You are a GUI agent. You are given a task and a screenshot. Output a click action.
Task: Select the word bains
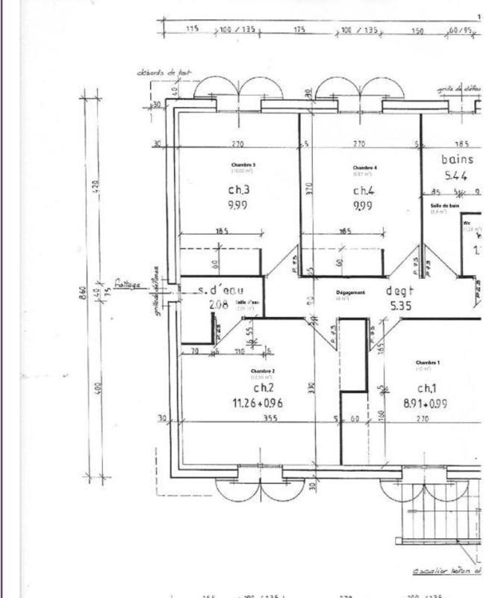coord(458,159)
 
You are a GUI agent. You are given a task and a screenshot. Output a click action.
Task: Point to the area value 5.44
coord(457,176)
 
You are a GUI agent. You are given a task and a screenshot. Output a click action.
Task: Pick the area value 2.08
coord(218,304)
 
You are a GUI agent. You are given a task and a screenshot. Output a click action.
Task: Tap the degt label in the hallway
coord(398,291)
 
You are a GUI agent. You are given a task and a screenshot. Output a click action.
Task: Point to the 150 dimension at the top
coord(417,31)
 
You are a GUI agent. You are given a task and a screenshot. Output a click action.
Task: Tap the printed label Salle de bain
coord(444,206)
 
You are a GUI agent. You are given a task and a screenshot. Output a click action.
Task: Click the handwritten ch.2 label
coord(264,388)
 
